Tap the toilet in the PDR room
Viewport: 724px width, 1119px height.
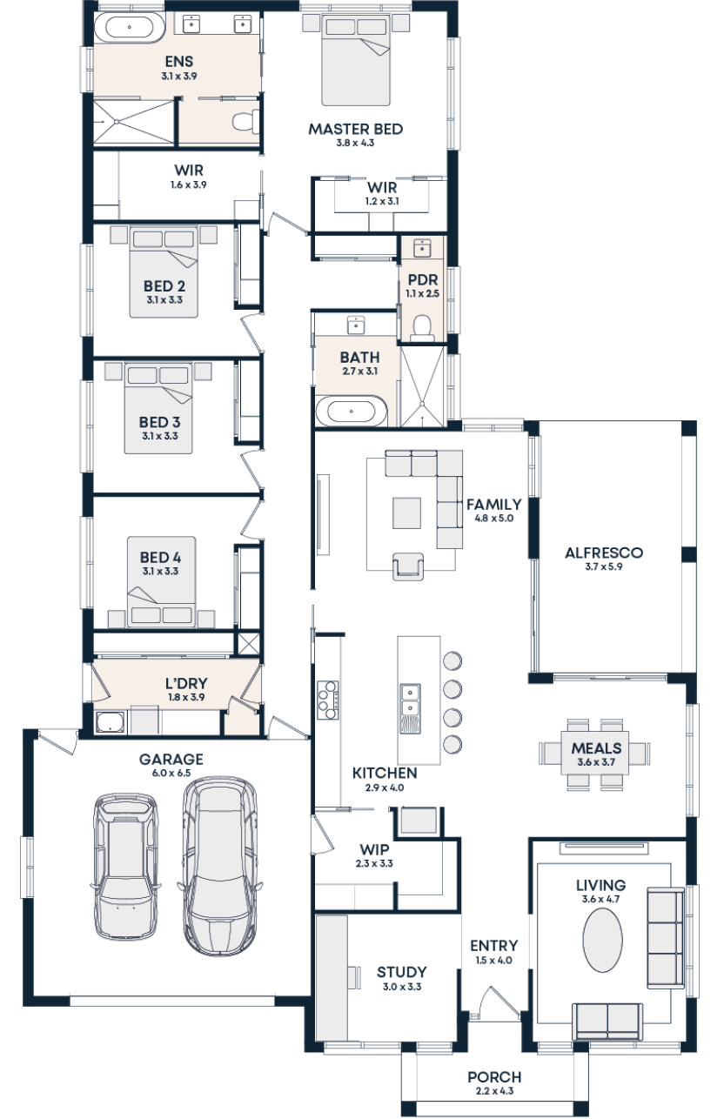point(422,327)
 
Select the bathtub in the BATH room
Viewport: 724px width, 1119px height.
point(351,411)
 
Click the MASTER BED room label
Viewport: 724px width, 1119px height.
point(355,129)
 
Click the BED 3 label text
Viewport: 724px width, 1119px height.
point(158,423)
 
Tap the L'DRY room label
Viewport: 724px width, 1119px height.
point(186,685)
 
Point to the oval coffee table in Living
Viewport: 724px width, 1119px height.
point(602,940)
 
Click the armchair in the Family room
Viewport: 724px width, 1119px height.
point(411,566)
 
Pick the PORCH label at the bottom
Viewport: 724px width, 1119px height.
point(493,1077)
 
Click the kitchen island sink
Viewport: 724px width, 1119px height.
point(409,695)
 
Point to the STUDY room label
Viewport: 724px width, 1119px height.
point(401,972)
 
